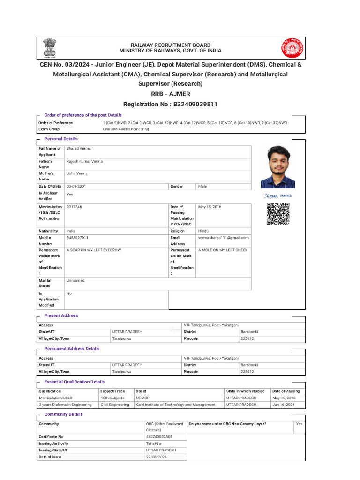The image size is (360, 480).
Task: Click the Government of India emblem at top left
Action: [x=49, y=48]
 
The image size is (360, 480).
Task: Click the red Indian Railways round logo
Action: [x=292, y=48]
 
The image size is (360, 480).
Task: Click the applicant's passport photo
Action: [x=278, y=167]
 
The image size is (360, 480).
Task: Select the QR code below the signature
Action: [x=278, y=214]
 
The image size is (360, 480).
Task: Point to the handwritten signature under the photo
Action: [x=277, y=195]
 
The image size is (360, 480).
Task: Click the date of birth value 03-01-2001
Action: [x=76, y=186]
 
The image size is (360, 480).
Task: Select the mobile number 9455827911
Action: [x=77, y=238]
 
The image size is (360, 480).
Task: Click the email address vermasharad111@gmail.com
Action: [x=224, y=238]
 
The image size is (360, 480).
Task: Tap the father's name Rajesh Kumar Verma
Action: [x=84, y=161]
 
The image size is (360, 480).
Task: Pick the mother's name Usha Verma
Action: [x=77, y=173]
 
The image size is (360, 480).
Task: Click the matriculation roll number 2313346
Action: [x=74, y=207]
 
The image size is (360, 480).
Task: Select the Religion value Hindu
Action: [x=203, y=231]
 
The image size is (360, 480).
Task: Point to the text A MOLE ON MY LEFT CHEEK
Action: [x=223, y=250]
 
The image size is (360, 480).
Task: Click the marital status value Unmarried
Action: [x=76, y=280]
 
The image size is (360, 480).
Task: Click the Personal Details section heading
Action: [x=61, y=139]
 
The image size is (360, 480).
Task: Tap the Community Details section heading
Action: [x=63, y=414]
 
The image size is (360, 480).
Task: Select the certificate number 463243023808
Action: [x=159, y=437]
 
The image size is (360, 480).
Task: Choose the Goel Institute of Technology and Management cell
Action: [x=175, y=405]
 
